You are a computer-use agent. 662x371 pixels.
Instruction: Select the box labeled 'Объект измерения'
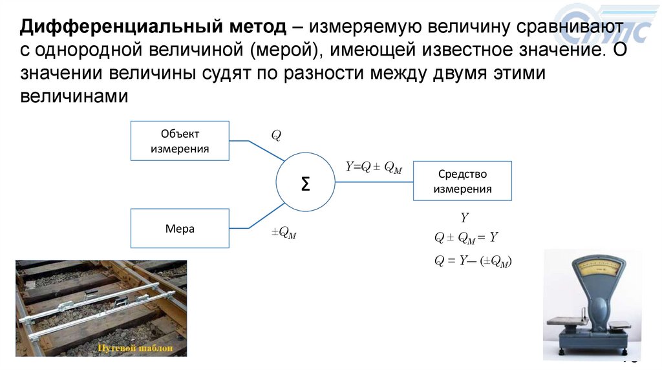pyautogui.click(x=180, y=141)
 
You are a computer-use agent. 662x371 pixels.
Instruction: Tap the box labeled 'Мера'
pyautogui.click(x=180, y=229)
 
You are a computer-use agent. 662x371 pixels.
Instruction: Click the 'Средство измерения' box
pyautogui.click(x=462, y=182)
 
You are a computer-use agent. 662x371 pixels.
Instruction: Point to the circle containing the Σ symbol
pyautogui.click(x=306, y=184)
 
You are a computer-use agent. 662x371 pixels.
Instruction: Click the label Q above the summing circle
pyautogui.click(x=276, y=136)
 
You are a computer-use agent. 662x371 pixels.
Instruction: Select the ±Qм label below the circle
pyautogui.click(x=284, y=233)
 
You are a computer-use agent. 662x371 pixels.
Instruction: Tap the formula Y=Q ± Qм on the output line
pyautogui.click(x=374, y=167)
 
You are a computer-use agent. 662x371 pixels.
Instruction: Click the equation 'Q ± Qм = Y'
pyautogui.click(x=466, y=237)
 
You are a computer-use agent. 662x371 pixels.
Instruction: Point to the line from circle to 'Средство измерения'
pyautogui.click(x=374, y=182)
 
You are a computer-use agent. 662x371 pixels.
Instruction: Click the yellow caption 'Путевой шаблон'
pyautogui.click(x=135, y=349)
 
